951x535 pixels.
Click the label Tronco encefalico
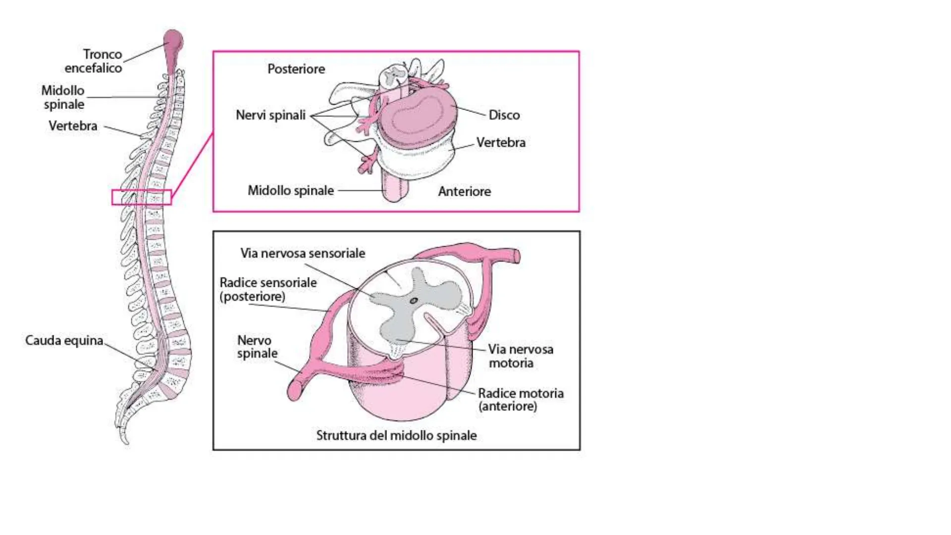click(94, 61)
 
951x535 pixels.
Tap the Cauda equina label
click(64, 341)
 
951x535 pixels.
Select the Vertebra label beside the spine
click(73, 126)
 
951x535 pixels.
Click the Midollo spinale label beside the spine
click(63, 97)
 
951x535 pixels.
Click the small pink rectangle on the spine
click(142, 197)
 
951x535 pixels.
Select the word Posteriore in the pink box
click(296, 69)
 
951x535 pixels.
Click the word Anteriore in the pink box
click(464, 191)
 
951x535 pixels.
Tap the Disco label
click(504, 115)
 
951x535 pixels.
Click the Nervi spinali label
click(270, 115)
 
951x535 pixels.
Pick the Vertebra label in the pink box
click(501, 143)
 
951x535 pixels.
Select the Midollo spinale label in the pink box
click(291, 191)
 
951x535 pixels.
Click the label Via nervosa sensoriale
click(303, 253)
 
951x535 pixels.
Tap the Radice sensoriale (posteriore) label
click(268, 289)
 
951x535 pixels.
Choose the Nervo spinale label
click(257, 347)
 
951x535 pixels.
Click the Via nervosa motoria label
click(520, 356)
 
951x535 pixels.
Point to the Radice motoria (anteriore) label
click(520, 400)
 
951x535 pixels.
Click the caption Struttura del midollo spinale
click(396, 435)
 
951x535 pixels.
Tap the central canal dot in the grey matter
click(414, 301)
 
